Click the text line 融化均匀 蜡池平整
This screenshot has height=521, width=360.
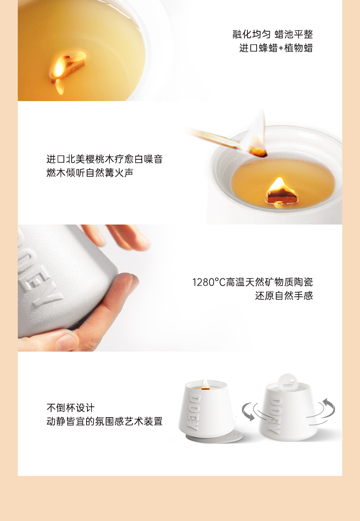273,34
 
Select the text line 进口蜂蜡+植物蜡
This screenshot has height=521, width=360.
276,48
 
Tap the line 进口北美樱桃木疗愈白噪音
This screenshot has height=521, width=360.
104,159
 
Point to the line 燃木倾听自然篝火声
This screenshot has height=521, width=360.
90,173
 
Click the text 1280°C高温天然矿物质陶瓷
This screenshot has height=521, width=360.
252,282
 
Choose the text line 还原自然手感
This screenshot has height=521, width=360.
284,296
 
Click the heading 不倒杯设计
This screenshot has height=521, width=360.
71,408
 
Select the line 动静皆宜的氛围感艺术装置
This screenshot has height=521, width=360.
104,421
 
